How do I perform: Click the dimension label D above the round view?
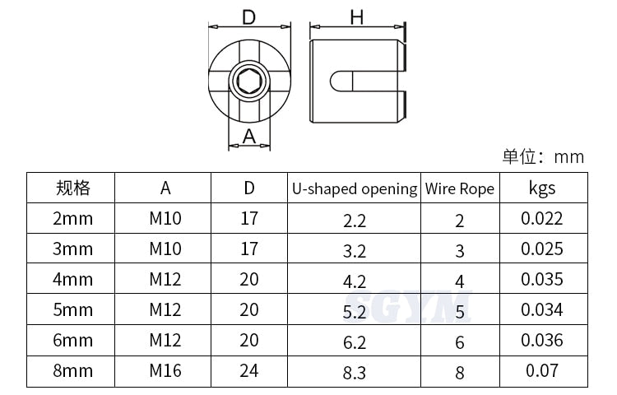[x=248, y=17]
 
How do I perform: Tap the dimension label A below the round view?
[x=249, y=137]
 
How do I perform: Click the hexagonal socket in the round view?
[x=248, y=81]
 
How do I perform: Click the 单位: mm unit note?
[x=543, y=156]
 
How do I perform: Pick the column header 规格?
[x=73, y=188]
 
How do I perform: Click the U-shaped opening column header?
[x=355, y=188]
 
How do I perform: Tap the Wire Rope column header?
[x=460, y=188]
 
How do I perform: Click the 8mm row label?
[x=73, y=370]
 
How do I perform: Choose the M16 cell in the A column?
[x=165, y=370]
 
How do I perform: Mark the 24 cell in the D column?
[x=248, y=370]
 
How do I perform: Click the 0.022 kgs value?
[x=542, y=218]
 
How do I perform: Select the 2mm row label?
[x=73, y=218]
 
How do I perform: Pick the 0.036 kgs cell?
[x=542, y=340]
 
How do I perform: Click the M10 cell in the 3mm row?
[x=165, y=249]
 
